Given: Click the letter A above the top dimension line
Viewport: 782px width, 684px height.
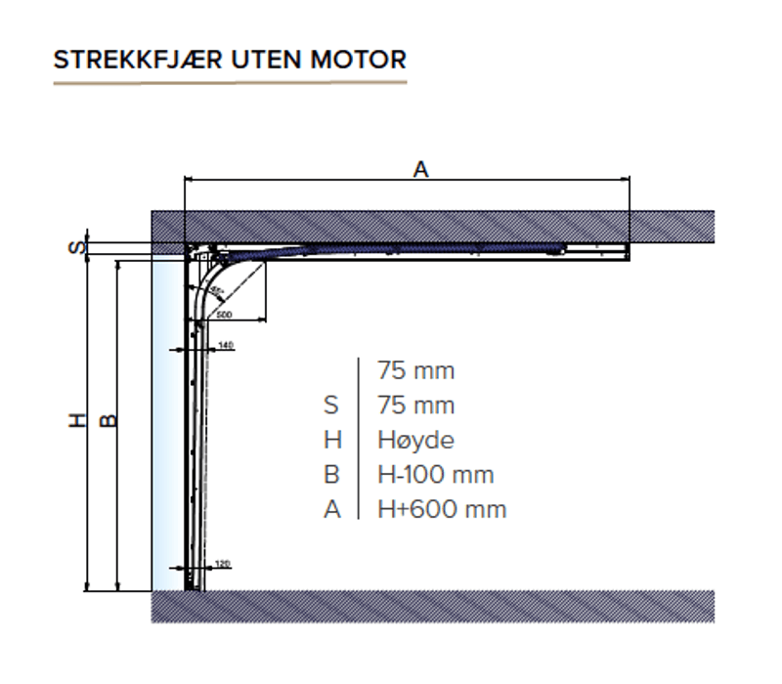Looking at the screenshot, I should (x=420, y=169).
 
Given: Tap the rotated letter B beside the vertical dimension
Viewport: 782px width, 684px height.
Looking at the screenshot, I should (x=109, y=421).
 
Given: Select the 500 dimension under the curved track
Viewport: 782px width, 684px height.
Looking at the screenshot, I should (x=224, y=315).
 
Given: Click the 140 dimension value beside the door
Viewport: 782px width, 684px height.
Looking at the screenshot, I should (x=226, y=346).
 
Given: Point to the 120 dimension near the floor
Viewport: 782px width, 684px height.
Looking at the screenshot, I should (x=222, y=564).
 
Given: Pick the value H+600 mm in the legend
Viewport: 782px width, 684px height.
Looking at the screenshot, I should (x=442, y=509).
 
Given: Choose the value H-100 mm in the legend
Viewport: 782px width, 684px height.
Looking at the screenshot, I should (x=435, y=475).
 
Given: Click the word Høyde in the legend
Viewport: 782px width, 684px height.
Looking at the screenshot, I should (x=415, y=441).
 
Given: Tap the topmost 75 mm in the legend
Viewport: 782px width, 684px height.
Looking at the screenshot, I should (x=415, y=371).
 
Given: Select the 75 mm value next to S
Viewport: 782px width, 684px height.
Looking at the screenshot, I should (x=415, y=406).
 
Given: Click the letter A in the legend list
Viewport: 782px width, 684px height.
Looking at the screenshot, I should (x=332, y=509).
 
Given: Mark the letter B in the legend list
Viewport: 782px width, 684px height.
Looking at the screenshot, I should (x=332, y=475).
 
